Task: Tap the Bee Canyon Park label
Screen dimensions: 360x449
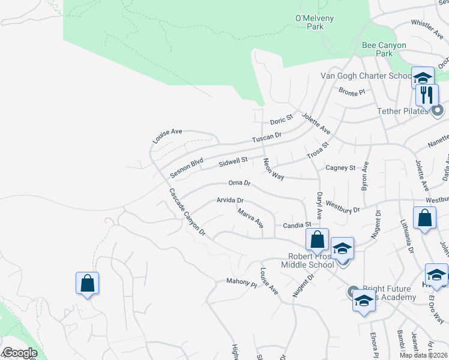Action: click(384, 49)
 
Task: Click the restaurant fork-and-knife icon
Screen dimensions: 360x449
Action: click(427, 94)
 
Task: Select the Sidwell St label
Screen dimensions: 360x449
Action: click(234, 161)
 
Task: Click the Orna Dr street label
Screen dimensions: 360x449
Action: click(238, 182)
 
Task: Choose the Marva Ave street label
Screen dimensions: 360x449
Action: click(250, 218)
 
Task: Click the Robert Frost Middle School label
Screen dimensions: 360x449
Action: click(310, 260)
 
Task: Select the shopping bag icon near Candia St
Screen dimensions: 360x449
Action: click(317, 239)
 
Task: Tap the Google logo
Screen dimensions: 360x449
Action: click(19, 353)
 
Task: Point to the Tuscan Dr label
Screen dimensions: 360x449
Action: click(267, 138)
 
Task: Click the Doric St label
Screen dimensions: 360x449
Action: click(280, 119)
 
